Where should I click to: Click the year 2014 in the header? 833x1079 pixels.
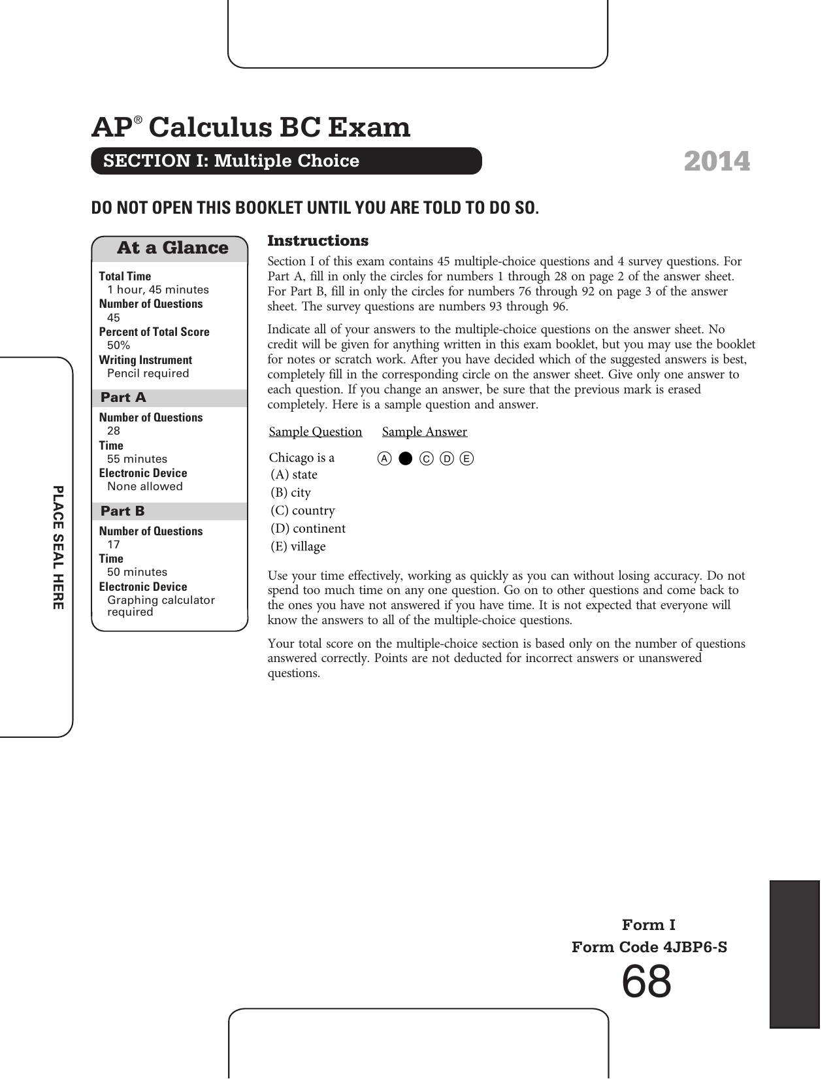[x=717, y=161]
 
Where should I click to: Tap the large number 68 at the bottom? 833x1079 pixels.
[x=646, y=982]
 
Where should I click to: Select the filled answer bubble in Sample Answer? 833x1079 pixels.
[x=406, y=459]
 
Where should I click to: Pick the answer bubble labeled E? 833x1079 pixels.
[x=466, y=459]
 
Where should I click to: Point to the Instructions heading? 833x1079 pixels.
[x=318, y=241]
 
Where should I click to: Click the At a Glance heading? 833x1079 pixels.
[x=172, y=248]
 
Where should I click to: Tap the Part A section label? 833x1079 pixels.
[x=123, y=398]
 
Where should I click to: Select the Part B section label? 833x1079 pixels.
[x=123, y=512]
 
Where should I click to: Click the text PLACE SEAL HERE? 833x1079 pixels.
[x=58, y=548]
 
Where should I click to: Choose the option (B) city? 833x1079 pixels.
[x=291, y=493]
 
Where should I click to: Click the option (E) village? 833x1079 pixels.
[x=298, y=546]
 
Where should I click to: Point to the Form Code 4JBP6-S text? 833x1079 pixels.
[x=649, y=947]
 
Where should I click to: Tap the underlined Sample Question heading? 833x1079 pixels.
[x=316, y=432]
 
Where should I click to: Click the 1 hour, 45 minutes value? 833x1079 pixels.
[x=158, y=290]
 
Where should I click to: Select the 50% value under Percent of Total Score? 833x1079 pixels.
[x=118, y=345]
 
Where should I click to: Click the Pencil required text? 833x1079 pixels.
[x=148, y=373]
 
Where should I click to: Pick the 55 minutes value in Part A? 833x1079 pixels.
[x=137, y=459]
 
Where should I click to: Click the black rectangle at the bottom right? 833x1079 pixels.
[x=794, y=954]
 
